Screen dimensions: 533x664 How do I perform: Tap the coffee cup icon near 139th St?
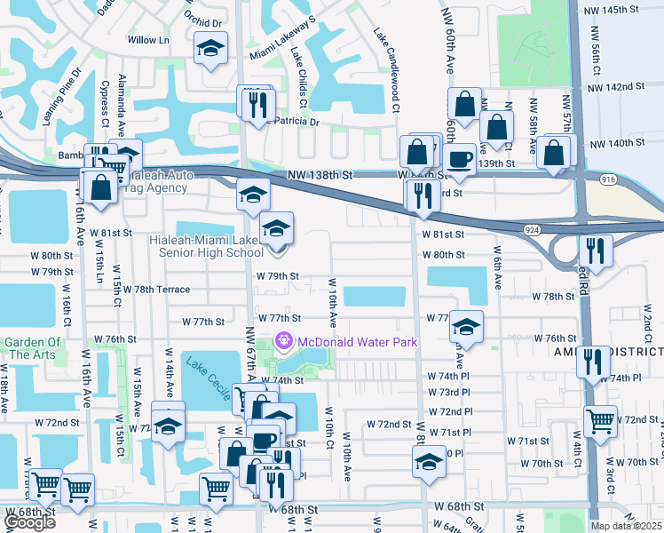(460, 160)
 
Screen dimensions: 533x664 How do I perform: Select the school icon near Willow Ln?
(210, 49)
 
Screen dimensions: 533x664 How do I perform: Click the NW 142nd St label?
(615, 86)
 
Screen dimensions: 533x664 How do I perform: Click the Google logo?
(28, 522)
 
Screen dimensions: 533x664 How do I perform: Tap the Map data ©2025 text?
(626, 526)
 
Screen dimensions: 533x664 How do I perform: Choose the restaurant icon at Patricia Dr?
(254, 103)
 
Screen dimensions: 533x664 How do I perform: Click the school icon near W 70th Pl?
(429, 462)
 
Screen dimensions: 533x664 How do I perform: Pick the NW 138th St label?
(319, 179)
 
